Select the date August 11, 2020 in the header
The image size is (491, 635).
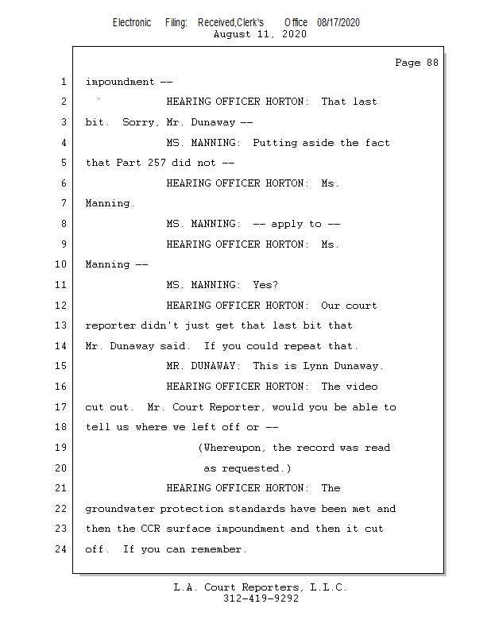[x=260, y=34]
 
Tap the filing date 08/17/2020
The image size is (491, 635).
[x=338, y=22]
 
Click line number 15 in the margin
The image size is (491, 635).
[x=62, y=366]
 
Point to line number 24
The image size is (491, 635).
[x=62, y=549]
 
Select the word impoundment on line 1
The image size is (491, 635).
[x=120, y=82]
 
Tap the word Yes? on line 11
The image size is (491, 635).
[x=265, y=285]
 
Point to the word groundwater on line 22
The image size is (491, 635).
[x=120, y=509]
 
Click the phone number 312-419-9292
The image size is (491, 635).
[x=260, y=598]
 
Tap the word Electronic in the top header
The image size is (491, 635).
[x=132, y=22]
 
